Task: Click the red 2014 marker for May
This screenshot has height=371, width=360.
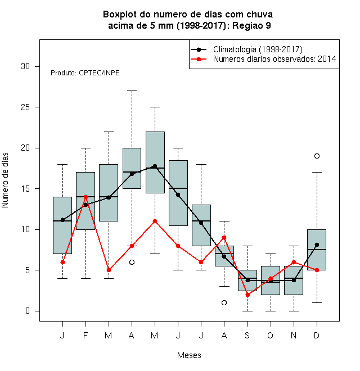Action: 155,221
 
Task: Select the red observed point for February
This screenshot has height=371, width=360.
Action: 85,197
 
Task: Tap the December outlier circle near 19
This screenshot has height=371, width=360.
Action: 317,156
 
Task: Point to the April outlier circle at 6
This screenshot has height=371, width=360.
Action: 132,262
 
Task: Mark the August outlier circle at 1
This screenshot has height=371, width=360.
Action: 224,302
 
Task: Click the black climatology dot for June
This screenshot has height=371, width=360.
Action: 178,194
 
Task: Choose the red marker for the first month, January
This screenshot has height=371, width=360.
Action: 62,262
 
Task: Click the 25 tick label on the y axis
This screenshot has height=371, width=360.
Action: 25,107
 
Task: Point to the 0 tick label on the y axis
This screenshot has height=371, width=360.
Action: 28,311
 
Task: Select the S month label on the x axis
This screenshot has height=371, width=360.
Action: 247,335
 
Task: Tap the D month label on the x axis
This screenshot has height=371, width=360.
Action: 317,335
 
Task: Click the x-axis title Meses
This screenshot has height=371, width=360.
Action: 189,355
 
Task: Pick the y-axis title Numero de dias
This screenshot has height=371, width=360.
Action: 5,180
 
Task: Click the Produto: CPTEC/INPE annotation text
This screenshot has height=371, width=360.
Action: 85,73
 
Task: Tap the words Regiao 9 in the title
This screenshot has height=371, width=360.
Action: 251,25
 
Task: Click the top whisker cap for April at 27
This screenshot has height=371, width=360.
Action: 132,91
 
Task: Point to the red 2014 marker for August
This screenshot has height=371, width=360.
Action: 224,237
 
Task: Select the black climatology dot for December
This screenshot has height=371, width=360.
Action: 317,245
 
